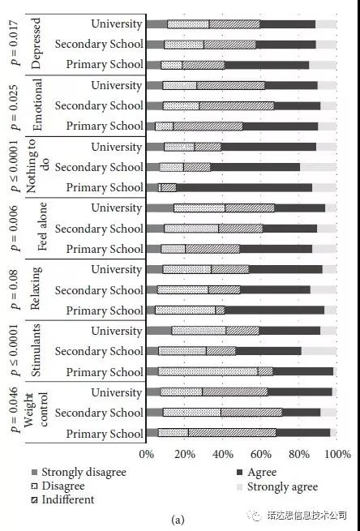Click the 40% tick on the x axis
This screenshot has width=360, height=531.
point(222,454)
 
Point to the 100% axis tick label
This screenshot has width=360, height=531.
point(338,454)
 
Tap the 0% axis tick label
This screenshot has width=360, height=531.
point(146,454)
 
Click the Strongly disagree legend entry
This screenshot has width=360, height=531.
point(79,473)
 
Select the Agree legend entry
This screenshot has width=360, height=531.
point(257,473)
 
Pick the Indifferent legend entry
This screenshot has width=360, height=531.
point(63,500)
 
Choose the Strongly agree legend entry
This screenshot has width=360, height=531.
point(277,487)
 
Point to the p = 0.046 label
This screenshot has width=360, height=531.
point(15,413)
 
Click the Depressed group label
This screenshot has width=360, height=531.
point(36,44)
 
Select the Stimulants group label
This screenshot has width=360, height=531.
point(36,350)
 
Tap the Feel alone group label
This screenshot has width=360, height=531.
point(43,226)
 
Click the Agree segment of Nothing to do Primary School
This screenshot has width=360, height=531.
point(244,187)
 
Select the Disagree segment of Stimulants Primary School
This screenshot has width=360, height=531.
point(208,372)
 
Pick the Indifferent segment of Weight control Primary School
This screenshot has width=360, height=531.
point(232,433)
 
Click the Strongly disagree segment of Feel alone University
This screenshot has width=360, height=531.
point(160,208)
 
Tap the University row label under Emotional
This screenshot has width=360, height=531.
point(117,85)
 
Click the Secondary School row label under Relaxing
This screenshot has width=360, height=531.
point(99,290)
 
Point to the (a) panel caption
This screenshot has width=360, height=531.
point(178,520)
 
